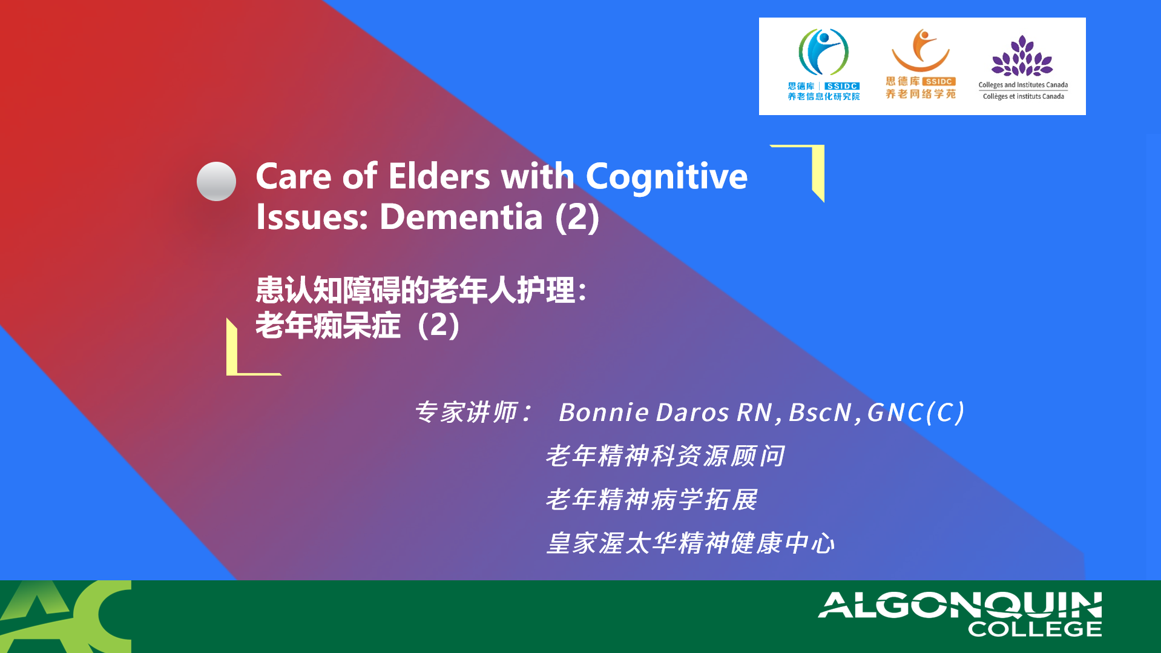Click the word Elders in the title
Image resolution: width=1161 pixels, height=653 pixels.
pyautogui.click(x=439, y=176)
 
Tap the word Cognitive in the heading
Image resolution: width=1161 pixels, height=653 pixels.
pyautogui.click(x=666, y=177)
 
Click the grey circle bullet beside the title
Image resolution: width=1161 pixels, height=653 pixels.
pyautogui.click(x=216, y=181)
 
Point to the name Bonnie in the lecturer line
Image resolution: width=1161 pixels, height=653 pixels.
pyautogui.click(x=604, y=413)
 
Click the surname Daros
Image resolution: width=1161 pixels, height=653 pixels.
pyautogui.click(x=692, y=413)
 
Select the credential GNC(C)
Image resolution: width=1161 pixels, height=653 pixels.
pyautogui.click(x=915, y=413)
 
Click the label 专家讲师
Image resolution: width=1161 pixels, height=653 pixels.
pyautogui.click(x=466, y=413)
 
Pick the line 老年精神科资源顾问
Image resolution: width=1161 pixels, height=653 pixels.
pyautogui.click(x=665, y=456)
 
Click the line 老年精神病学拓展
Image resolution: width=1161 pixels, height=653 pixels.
pyautogui.click(x=651, y=500)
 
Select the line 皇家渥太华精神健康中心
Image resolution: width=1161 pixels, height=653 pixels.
pyautogui.click(x=691, y=543)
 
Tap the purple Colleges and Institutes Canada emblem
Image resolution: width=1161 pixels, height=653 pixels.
pyautogui.click(x=1022, y=55)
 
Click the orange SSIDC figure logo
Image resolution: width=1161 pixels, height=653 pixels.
pyautogui.click(x=921, y=50)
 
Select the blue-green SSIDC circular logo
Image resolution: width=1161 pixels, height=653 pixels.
pyautogui.click(x=823, y=52)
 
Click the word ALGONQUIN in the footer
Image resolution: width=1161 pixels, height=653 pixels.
pyautogui.click(x=960, y=605)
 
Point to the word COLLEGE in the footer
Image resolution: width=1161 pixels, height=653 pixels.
pyautogui.click(x=1035, y=629)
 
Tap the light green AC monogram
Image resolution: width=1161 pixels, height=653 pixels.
pyautogui.click(x=65, y=617)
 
